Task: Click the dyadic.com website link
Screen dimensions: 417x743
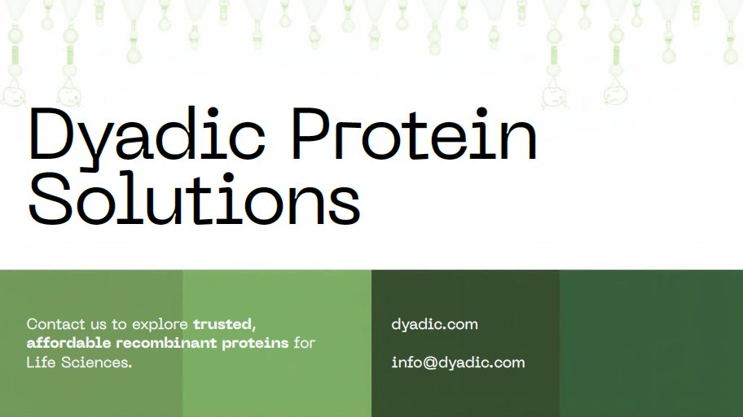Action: coord(434,324)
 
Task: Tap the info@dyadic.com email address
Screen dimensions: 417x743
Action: coord(458,362)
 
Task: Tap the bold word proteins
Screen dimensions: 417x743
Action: coord(255,344)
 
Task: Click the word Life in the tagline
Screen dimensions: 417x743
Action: coord(40,362)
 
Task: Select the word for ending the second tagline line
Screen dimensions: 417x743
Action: coord(304,343)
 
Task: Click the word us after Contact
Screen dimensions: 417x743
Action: coord(99,324)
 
